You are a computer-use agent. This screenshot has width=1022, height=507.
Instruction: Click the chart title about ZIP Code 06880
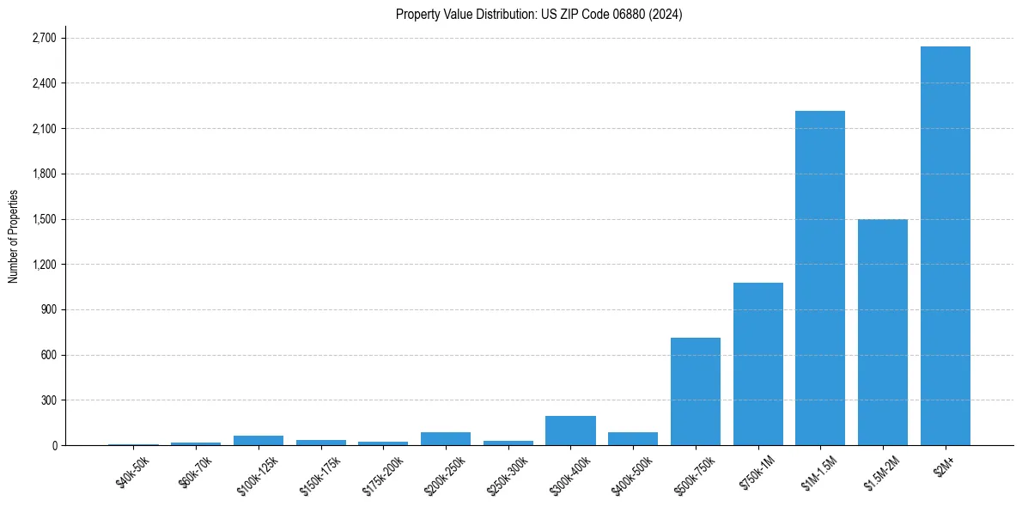pos(538,15)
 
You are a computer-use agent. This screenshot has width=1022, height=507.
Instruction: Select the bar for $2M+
pos(945,246)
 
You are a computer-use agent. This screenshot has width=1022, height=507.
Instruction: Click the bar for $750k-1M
pos(757,363)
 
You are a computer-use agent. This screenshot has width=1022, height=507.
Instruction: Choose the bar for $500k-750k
pos(695,391)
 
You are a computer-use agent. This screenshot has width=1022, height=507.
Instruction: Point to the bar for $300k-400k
pos(570,431)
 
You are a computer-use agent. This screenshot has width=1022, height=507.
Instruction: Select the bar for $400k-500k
pos(633,438)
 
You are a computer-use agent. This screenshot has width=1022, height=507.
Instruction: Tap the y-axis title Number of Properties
pos(14,236)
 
